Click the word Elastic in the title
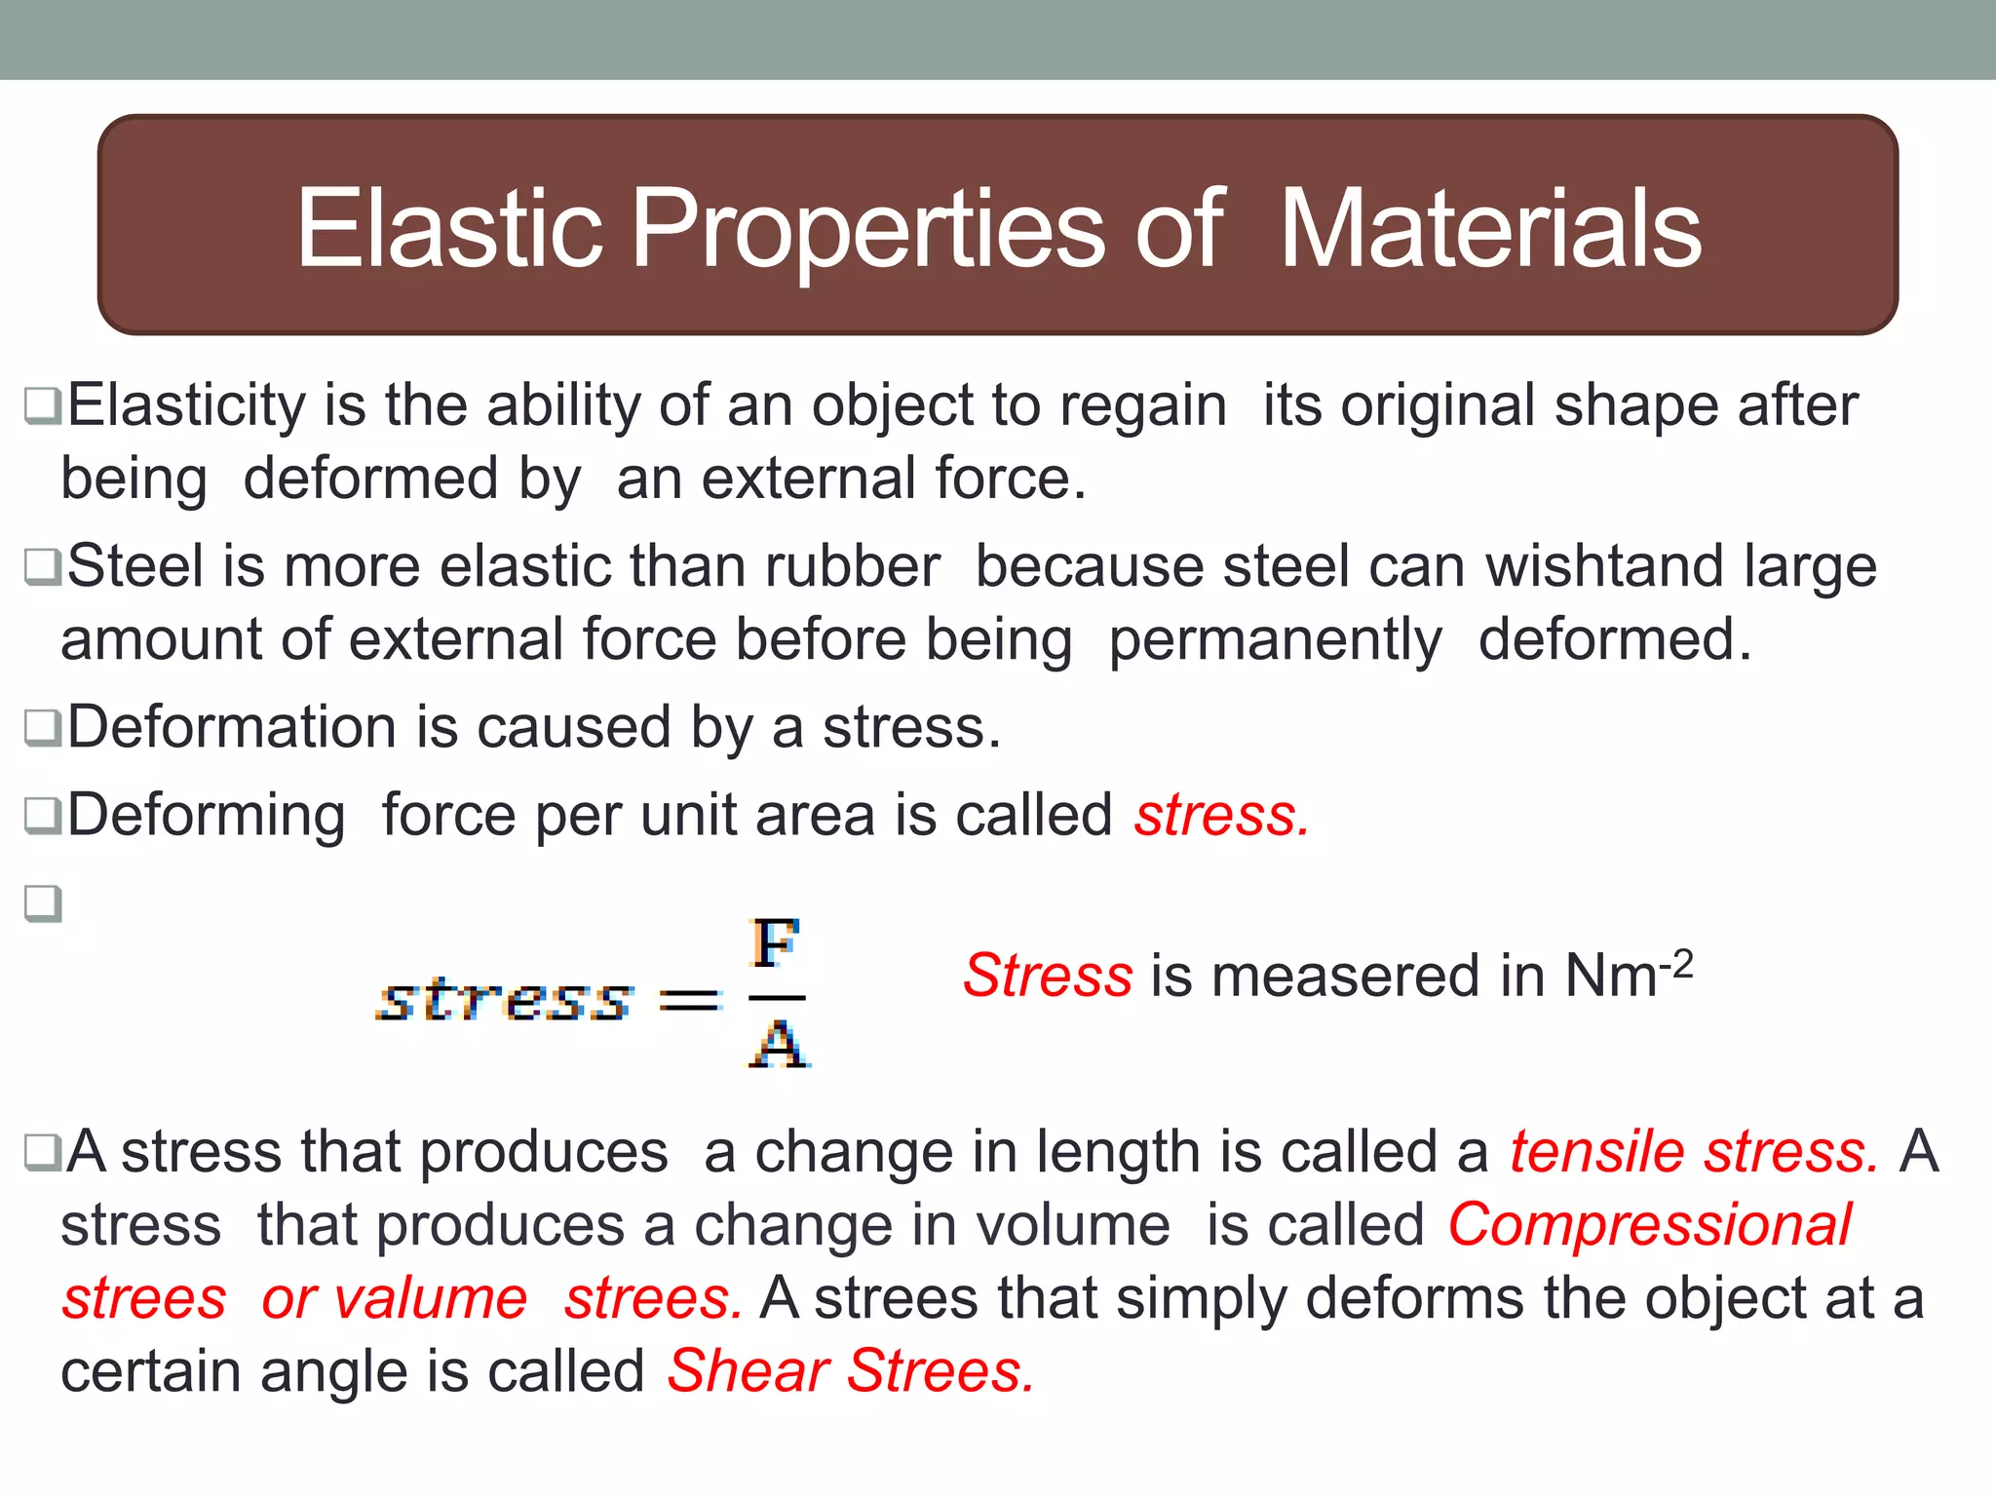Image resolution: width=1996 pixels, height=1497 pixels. (449, 228)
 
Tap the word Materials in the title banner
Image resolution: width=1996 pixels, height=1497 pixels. (1490, 228)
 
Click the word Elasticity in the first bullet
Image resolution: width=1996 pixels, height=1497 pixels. (186, 406)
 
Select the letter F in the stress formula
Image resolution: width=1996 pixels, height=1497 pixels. (776, 943)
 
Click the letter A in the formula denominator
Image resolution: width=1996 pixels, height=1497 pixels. (780, 1045)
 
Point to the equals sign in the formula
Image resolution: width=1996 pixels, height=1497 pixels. (690, 1000)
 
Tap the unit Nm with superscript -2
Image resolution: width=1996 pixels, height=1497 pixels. (1628, 974)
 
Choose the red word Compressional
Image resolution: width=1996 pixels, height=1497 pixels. (1649, 1225)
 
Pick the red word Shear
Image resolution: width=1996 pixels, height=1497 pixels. (748, 1372)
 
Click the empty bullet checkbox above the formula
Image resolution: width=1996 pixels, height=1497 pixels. (44, 903)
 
